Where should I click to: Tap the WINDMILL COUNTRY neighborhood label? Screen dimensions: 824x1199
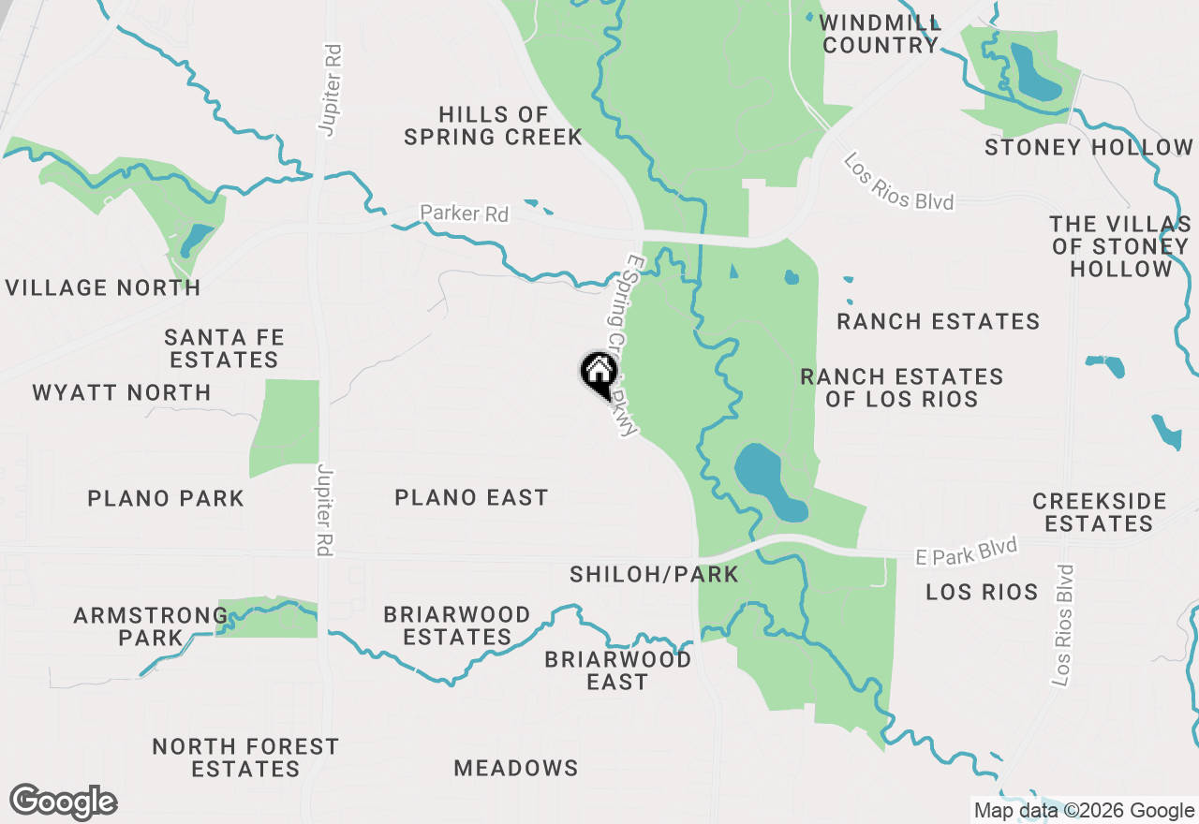(x=880, y=34)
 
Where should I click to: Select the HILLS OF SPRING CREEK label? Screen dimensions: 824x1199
(x=493, y=125)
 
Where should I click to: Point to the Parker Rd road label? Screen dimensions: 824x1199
(x=464, y=213)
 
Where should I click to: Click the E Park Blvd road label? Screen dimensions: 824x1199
(x=966, y=552)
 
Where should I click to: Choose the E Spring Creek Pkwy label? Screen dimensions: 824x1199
(x=621, y=346)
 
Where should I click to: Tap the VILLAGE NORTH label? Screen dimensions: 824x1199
(x=103, y=287)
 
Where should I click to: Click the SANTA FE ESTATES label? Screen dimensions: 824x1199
(x=224, y=348)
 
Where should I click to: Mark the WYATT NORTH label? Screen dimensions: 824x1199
(x=122, y=392)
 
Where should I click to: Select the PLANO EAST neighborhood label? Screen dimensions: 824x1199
(x=471, y=497)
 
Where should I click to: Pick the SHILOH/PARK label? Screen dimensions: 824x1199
(x=654, y=574)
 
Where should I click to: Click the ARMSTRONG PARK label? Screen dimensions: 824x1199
(x=150, y=626)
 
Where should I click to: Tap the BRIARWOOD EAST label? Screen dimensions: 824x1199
(x=617, y=670)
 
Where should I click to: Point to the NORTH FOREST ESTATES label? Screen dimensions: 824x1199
(x=245, y=758)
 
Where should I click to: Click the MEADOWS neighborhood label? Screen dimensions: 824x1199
(x=516, y=768)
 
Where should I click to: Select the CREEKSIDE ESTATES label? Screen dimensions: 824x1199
(x=1099, y=512)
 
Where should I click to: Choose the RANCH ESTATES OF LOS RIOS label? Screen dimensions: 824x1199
(x=901, y=388)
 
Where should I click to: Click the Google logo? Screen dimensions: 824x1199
(x=64, y=802)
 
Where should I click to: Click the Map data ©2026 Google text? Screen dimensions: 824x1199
(x=1084, y=811)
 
